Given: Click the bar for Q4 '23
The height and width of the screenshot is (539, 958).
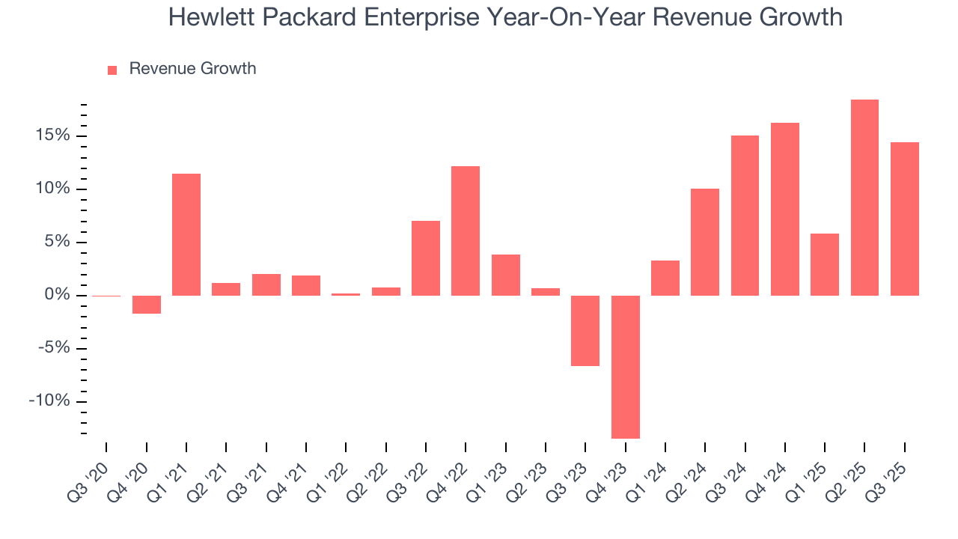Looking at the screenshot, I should pyautogui.click(x=625, y=367).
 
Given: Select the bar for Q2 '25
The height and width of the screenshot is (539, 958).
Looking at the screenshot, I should pyautogui.click(x=864, y=198).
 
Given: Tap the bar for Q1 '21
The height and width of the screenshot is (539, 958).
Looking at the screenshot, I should pyautogui.click(x=186, y=234).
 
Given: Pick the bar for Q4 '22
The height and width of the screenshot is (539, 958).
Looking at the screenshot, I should pyautogui.click(x=466, y=231).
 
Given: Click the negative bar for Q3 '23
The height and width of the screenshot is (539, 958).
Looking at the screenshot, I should pyautogui.click(x=585, y=330).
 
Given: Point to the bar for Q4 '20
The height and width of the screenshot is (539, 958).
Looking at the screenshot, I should pyautogui.click(x=147, y=304).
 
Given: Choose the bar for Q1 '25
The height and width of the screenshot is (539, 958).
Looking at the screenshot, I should pyautogui.click(x=825, y=264).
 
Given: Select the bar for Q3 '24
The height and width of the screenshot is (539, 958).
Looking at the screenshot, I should pyautogui.click(x=745, y=216).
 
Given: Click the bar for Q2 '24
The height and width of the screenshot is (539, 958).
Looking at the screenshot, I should pyautogui.click(x=705, y=242).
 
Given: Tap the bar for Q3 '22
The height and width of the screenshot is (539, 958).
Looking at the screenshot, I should pyautogui.click(x=426, y=258).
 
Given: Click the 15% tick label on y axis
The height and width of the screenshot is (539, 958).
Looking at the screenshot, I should pyautogui.click(x=51, y=135).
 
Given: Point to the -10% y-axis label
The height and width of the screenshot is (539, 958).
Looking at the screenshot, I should pyautogui.click(x=49, y=401).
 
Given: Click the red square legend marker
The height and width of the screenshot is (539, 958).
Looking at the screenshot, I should pyautogui.click(x=112, y=70).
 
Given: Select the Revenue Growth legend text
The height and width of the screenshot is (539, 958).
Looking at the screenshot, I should pyautogui.click(x=192, y=69).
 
